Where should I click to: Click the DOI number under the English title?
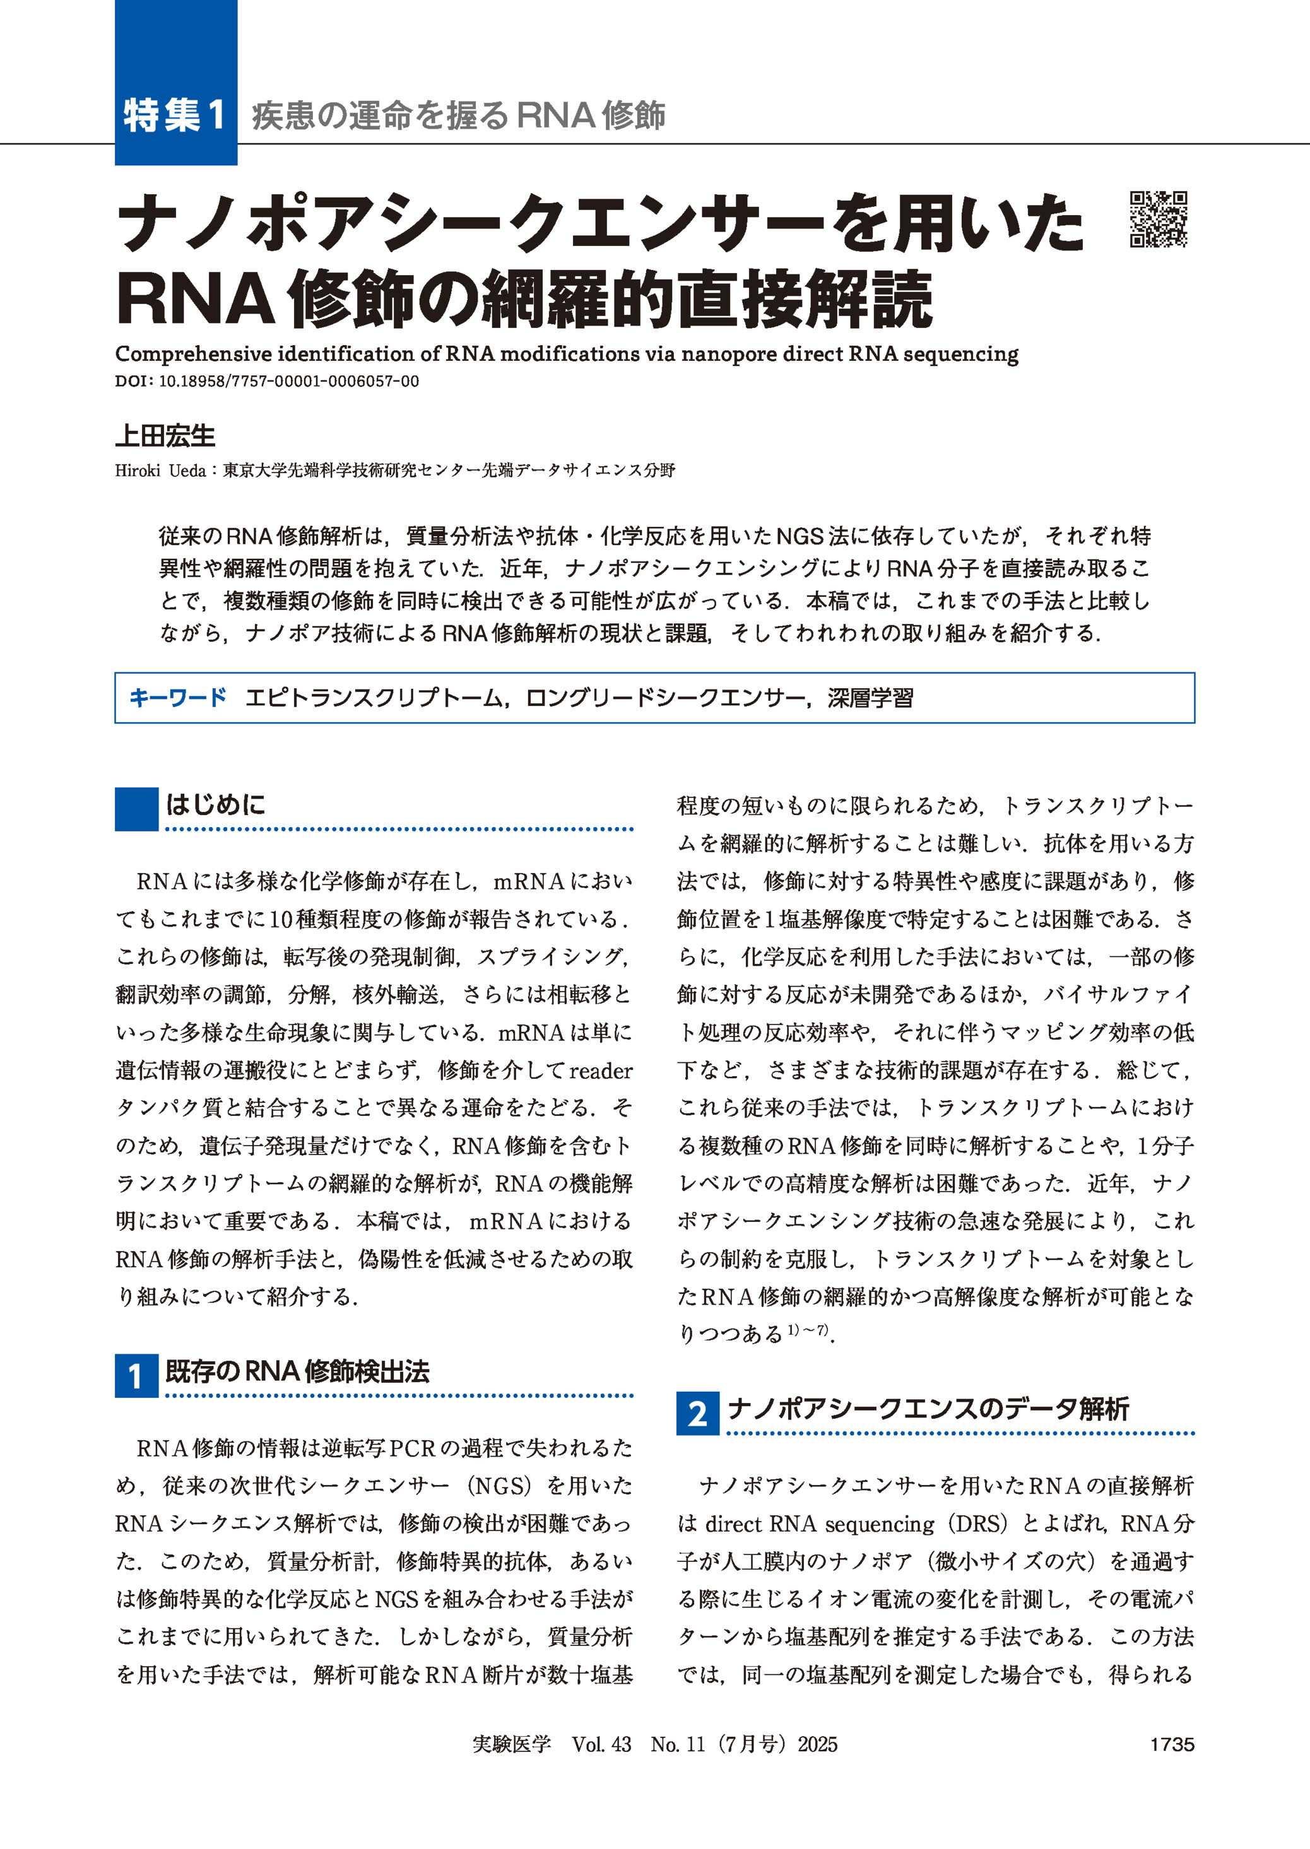(289, 382)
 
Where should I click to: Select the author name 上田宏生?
(165, 437)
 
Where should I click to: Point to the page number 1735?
(1171, 1744)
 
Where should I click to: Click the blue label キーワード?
(177, 698)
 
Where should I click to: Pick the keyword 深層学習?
(870, 698)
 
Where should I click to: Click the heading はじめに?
(215, 804)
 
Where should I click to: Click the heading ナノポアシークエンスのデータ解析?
(928, 1409)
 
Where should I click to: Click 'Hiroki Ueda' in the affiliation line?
(160, 470)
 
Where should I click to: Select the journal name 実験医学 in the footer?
(511, 1744)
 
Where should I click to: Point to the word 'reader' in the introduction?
(601, 1071)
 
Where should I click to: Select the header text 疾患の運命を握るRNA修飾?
(458, 115)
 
